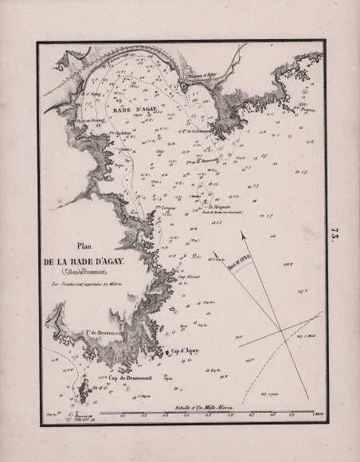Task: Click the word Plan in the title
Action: (x=86, y=247)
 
